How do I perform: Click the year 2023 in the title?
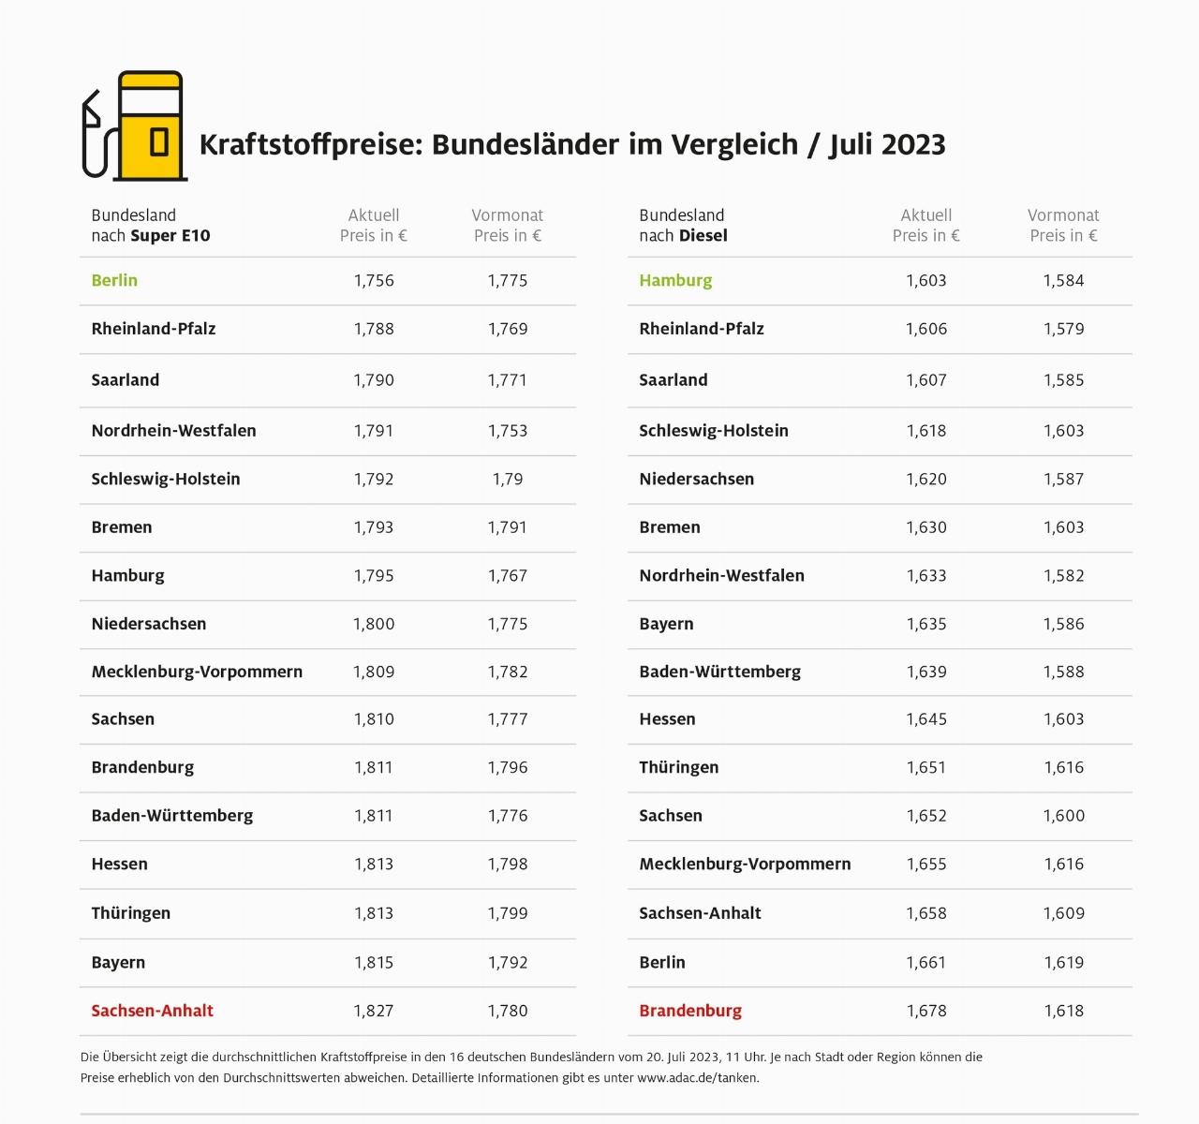click(x=913, y=144)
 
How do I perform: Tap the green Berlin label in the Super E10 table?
click(x=114, y=280)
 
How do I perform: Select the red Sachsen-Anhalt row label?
click(x=152, y=1011)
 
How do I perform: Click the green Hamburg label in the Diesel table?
click(x=675, y=280)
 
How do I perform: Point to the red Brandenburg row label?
click(x=690, y=1011)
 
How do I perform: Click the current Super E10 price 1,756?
click(x=374, y=280)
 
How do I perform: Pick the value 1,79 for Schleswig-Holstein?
click(x=508, y=479)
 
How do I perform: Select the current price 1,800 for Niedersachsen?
click(x=374, y=624)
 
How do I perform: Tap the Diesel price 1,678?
click(x=926, y=1011)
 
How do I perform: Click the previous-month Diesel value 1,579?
click(x=1063, y=329)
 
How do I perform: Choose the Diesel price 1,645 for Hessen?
click(x=926, y=719)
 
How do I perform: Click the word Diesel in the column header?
click(x=703, y=236)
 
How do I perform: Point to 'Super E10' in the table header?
click(x=170, y=236)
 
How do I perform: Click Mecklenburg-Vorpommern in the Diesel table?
click(x=745, y=864)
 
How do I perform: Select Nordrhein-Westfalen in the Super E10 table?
click(x=173, y=431)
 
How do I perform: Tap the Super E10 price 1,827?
click(x=374, y=1011)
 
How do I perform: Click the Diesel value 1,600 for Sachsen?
click(x=1063, y=816)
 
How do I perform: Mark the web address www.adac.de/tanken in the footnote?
click(x=697, y=1077)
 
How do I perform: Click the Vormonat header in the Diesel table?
click(x=1063, y=215)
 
